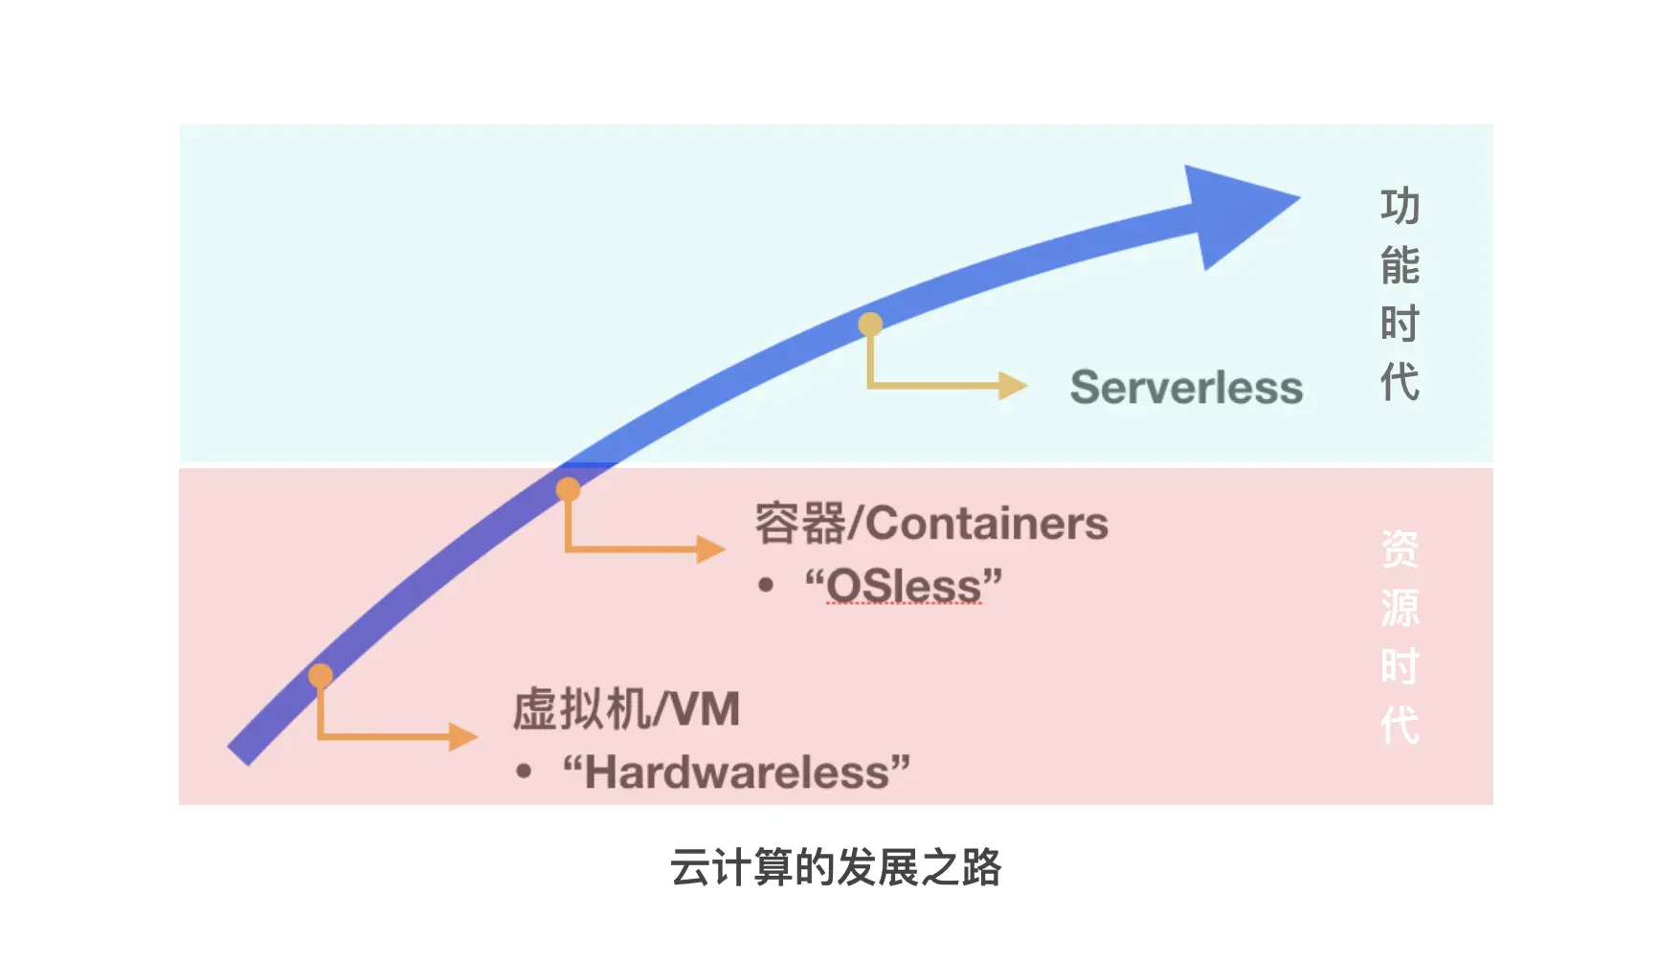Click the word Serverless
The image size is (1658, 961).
pyautogui.click(x=1186, y=388)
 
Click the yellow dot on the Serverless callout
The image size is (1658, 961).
pyautogui.click(x=870, y=324)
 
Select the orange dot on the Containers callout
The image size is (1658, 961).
pyautogui.click(x=569, y=490)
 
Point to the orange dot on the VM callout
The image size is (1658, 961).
pyautogui.click(x=321, y=676)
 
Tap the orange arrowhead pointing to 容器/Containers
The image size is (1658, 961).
pyautogui.click(x=709, y=549)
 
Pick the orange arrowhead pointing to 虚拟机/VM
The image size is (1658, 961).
pyautogui.click(x=462, y=736)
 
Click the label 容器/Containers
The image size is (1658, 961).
pyautogui.click(x=930, y=524)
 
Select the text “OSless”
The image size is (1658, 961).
pyautogui.click(x=904, y=586)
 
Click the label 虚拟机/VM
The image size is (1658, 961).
pyautogui.click(x=626, y=709)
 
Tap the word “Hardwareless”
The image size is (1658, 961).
pyautogui.click(x=736, y=771)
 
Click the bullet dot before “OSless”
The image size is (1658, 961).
pyautogui.click(x=765, y=585)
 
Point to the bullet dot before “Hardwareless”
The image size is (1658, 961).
pyautogui.click(x=523, y=771)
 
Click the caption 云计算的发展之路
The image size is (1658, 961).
pyautogui.click(x=835, y=868)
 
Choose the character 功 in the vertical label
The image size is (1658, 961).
pyautogui.click(x=1400, y=207)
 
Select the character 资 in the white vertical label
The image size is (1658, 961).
pyautogui.click(x=1400, y=549)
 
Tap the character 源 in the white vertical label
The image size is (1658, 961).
pyautogui.click(x=1400, y=608)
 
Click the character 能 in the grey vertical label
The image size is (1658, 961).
pyautogui.click(x=1400, y=265)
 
